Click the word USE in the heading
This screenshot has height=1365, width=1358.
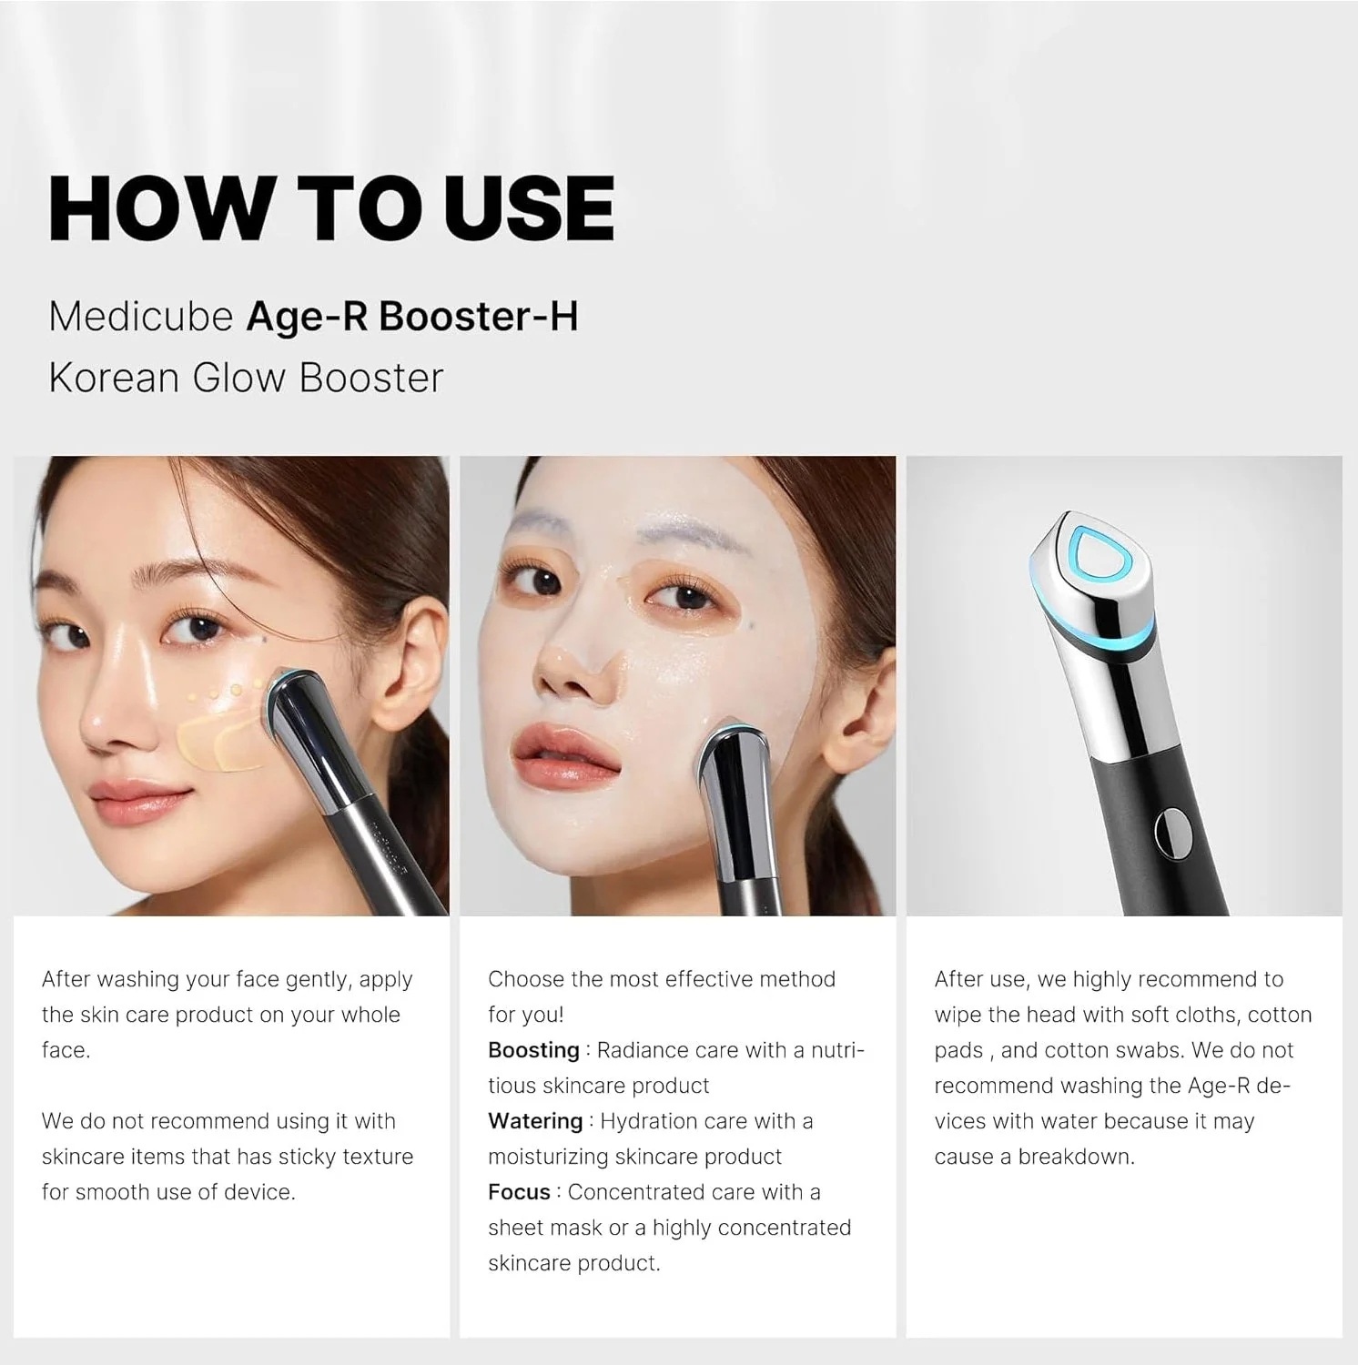530,207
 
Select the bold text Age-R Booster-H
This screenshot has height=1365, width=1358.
412,317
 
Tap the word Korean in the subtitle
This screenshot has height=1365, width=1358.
114,378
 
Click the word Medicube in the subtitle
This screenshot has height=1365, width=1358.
141,317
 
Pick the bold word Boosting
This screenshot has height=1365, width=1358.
533,1050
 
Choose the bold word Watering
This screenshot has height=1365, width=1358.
535,1121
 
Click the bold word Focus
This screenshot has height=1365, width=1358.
519,1192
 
